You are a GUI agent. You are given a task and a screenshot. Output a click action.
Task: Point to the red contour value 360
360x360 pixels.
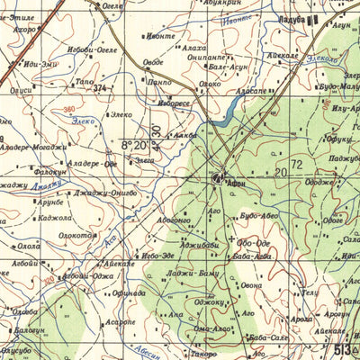pyautogui.click(x=70, y=109)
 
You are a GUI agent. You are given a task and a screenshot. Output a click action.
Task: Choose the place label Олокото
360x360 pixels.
pyautogui.click(x=78, y=236)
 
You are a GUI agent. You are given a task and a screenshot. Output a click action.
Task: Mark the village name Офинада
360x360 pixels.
pyautogui.click(x=130, y=293)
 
